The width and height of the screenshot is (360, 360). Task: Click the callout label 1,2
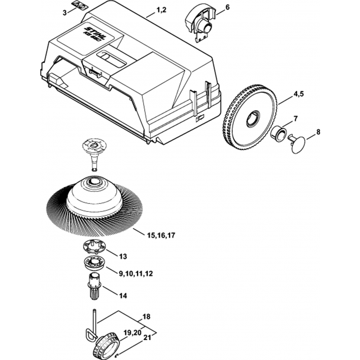point(161,11)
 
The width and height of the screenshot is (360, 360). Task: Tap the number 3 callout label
point(64,13)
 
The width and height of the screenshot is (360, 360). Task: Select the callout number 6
point(227,7)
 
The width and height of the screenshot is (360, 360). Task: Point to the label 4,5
point(299,94)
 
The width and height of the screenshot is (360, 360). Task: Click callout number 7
point(295,118)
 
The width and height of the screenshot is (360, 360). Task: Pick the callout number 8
point(318,132)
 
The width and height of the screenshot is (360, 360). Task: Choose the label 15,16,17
point(161,236)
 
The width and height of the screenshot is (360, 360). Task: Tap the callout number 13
point(123,257)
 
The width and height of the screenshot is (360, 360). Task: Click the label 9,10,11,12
point(135,274)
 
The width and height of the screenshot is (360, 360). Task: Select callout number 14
point(123,296)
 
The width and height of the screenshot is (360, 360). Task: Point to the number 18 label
point(147,317)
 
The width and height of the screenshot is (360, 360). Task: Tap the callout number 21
point(147,338)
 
